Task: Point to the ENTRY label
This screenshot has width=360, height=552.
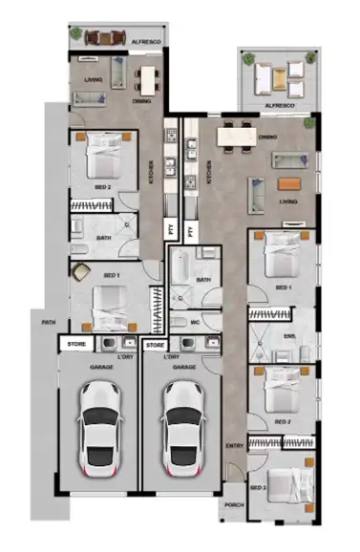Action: [234, 446]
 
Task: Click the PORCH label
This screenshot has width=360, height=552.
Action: [233, 506]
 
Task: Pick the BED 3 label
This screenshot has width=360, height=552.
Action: [257, 487]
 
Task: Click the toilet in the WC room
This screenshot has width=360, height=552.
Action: [180, 323]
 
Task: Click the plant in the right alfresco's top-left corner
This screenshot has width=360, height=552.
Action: [248, 59]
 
